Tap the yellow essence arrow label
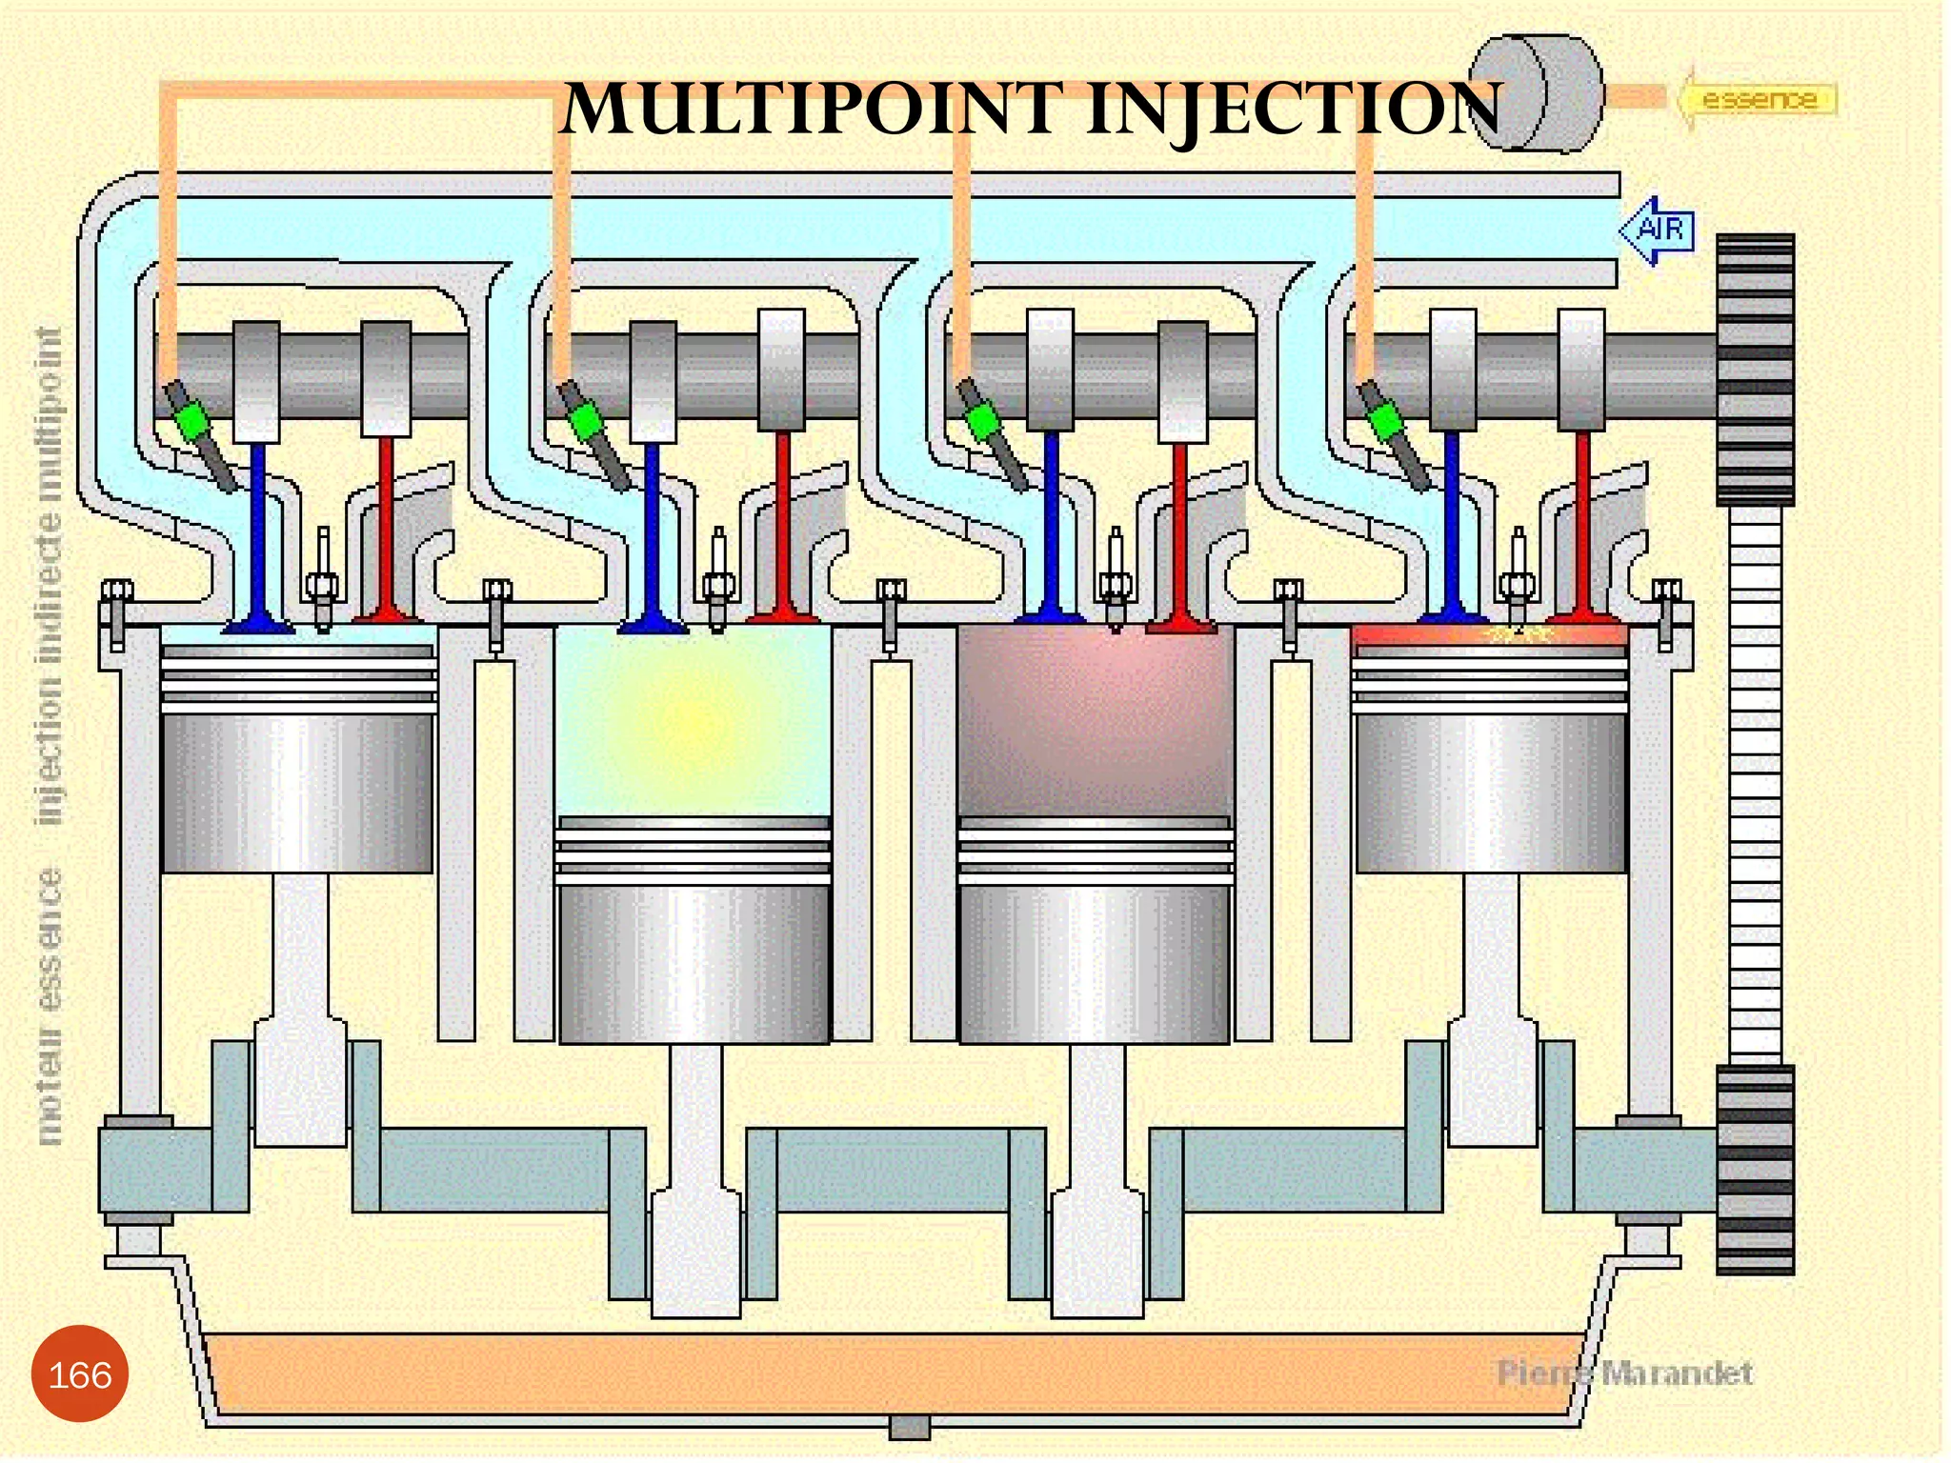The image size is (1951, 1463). pos(1759,98)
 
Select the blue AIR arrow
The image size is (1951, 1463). pos(1659,230)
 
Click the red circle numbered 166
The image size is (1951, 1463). pos(80,1373)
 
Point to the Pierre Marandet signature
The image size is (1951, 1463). pos(1624,1373)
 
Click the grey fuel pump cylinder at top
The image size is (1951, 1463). pos(1535,93)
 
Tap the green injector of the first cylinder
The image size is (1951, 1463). pos(193,419)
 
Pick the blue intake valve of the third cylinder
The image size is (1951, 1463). pos(1052,524)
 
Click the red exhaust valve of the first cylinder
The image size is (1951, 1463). pos(386,524)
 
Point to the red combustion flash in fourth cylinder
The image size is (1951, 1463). pos(1486,634)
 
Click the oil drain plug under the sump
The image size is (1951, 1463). pos(909,1427)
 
